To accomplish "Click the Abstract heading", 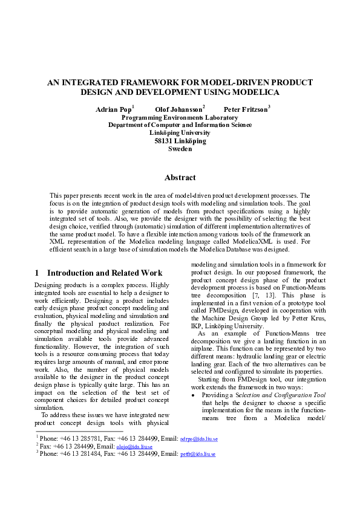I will [180, 178].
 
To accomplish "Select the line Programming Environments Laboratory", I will [180, 117].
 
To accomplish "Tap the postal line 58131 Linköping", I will [180, 141].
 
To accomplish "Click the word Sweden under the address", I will [180, 149].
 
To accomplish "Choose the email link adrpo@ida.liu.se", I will [198, 454].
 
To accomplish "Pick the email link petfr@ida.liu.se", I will [198, 470].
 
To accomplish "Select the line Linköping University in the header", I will [180, 133].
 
